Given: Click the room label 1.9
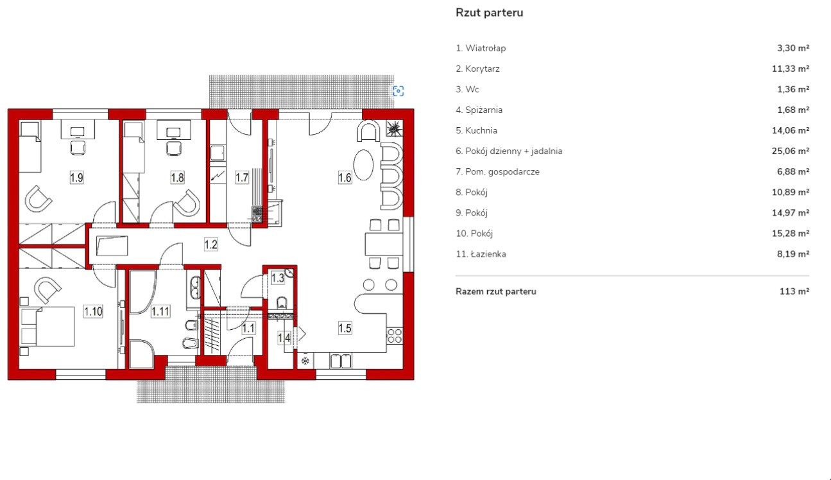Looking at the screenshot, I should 76,178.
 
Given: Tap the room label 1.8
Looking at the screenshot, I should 178,178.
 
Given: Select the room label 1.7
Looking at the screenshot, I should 241,178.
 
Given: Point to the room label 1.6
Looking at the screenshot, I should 345,178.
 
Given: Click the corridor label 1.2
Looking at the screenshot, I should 211,243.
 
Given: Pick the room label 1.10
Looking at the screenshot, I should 93,312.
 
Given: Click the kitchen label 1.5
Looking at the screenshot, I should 345,329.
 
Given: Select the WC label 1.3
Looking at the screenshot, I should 278,278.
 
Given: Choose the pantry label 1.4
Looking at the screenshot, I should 284,337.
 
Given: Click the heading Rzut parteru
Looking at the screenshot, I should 489,12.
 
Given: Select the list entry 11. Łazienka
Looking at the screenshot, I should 481,254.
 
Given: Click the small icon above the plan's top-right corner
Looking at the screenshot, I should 398,91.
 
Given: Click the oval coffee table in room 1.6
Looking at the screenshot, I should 363,166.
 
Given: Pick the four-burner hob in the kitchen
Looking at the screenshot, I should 395,336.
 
